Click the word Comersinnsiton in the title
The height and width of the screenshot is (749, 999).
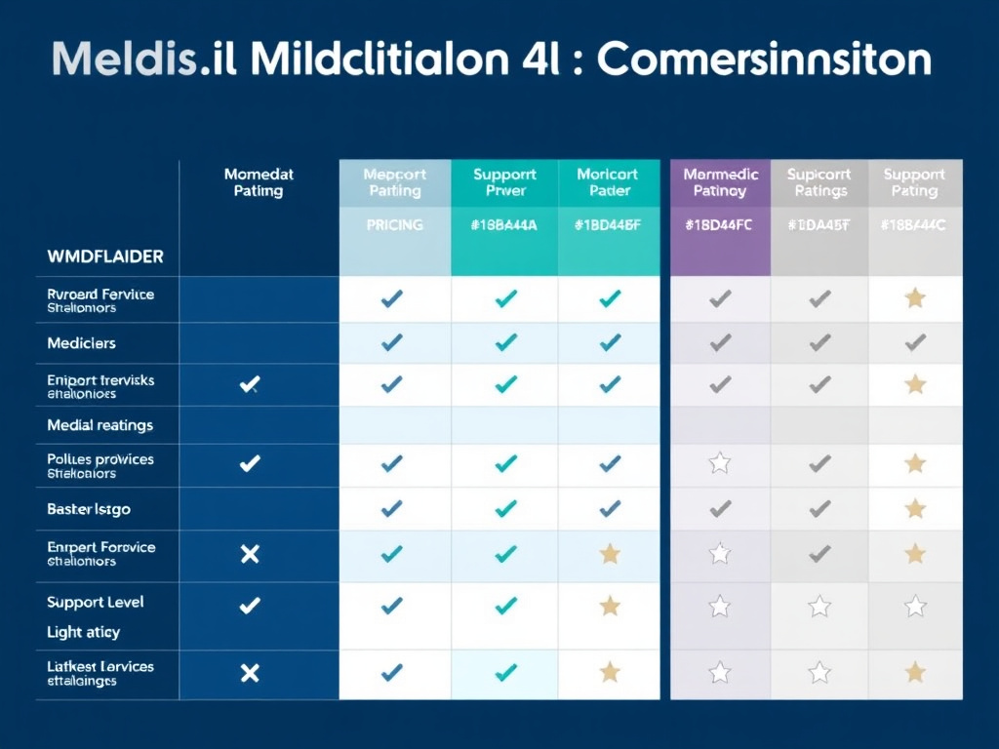pos(763,60)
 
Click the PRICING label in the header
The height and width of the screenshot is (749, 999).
pos(394,225)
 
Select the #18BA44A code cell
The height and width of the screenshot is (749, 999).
pos(504,225)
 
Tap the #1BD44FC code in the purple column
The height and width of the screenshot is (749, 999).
pos(720,225)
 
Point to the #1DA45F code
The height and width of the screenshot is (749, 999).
pos(819,225)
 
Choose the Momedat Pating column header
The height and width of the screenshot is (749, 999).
pos(259,182)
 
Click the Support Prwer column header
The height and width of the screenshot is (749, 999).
pos(504,182)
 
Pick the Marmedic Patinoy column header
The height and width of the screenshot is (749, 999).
pos(720,182)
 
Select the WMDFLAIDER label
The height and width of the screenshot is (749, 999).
pos(105,257)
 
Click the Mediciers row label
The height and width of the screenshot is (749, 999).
pos(81,343)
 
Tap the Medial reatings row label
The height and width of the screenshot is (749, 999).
pos(100,425)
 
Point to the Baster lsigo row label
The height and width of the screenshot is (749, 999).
pos(89,509)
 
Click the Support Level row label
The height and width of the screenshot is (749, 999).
pos(96,602)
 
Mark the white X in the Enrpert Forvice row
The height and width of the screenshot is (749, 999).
pos(250,554)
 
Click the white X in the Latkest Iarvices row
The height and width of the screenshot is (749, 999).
pos(250,672)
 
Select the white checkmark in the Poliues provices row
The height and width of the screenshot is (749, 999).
pos(250,463)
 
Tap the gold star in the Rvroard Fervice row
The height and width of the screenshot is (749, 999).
pos(915,298)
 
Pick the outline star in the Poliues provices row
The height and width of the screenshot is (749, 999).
pos(720,463)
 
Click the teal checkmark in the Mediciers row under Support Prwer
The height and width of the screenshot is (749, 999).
pos(505,342)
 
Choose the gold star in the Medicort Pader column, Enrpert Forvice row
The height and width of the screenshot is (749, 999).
pos(610,554)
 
